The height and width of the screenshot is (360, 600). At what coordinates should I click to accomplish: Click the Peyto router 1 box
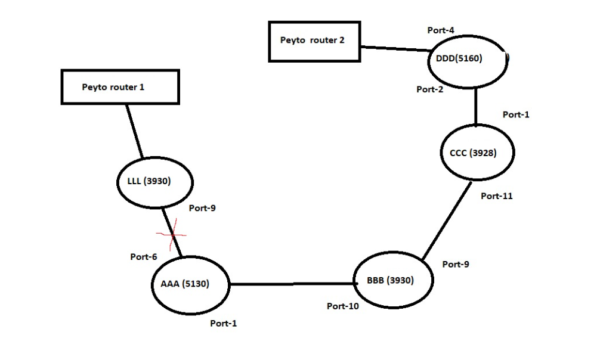click(x=120, y=87)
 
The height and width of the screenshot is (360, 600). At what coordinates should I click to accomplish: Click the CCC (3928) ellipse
click(x=477, y=153)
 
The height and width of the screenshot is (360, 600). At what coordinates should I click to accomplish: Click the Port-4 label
click(x=441, y=30)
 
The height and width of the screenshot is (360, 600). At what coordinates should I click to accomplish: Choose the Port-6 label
click(x=143, y=257)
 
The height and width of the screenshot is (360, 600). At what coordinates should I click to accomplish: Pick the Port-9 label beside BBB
click(x=455, y=264)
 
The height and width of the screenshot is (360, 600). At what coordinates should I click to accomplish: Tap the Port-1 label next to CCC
click(x=515, y=114)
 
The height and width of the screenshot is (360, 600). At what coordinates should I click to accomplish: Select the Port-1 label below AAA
click(x=223, y=323)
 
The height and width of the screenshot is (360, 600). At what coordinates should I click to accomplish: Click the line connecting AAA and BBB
click(x=292, y=284)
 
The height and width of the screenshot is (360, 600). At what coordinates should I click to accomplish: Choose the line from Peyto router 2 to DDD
click(x=394, y=49)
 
